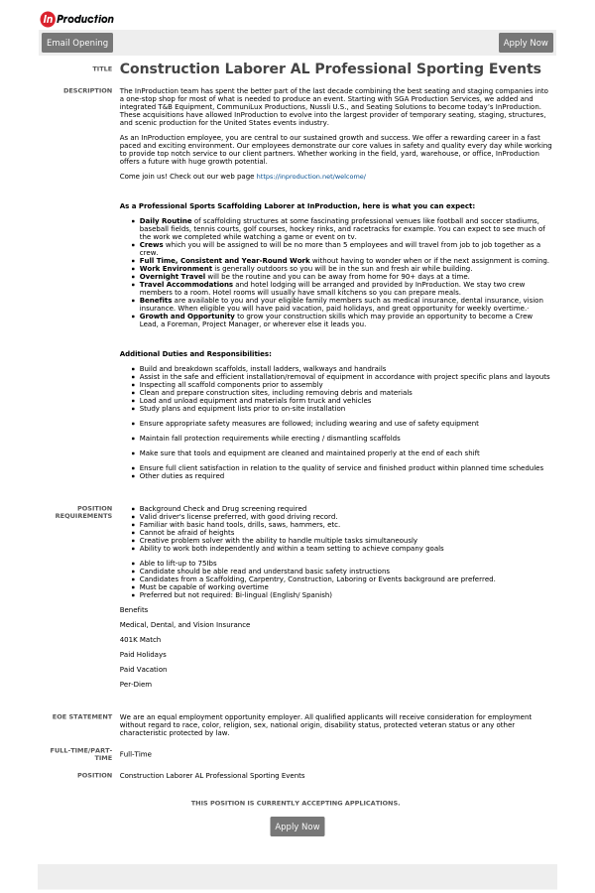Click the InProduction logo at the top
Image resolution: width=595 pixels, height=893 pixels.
pos(76,19)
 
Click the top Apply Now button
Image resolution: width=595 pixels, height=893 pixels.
pos(526,43)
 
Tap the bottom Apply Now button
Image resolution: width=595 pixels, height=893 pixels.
pos(297,827)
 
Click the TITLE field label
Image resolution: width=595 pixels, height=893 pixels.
pos(102,69)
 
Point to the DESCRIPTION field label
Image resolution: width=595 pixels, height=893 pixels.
pos(87,90)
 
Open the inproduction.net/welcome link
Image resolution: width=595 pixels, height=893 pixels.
pos(310,177)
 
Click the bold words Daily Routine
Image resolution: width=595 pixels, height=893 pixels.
pos(166,221)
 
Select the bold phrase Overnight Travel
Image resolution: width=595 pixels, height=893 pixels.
pos(172,277)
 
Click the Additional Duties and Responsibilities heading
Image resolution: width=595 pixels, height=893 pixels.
pos(195,354)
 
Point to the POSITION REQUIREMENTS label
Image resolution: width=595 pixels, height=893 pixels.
pos(83,512)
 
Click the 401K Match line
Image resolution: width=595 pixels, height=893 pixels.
pos(140,640)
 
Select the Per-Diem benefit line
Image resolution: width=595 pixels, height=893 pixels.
pos(136,685)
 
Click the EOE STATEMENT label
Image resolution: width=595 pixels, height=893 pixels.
pos(82,716)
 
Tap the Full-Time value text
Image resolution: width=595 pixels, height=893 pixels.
pos(135,754)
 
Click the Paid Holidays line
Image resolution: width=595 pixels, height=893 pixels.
pos(143,655)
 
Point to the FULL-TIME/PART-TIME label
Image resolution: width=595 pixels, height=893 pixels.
pos(81,754)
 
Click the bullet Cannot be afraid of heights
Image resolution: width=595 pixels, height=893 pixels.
pos(186,533)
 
